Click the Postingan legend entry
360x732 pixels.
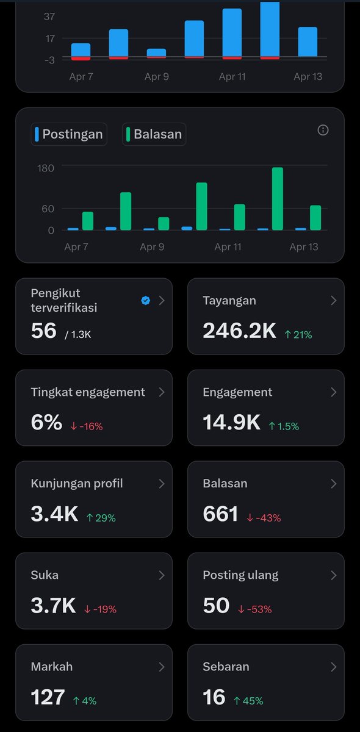[69, 134]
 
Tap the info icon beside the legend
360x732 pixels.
[323, 130]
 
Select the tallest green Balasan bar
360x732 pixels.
[278, 199]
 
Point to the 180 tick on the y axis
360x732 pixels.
[46, 168]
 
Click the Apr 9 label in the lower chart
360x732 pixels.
[152, 247]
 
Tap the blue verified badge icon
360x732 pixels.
[145, 300]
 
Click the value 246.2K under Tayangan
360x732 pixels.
[239, 331]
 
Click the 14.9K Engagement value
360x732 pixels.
[231, 422]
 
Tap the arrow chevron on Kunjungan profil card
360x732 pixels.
[162, 484]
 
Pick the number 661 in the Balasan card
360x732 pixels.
[220, 514]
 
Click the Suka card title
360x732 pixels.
[45, 575]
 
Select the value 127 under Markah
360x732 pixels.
[48, 697]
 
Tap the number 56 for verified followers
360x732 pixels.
[43, 331]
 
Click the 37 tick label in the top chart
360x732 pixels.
[49, 16]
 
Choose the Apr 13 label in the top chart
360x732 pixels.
[308, 77]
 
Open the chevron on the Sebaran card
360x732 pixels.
[333, 667]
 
